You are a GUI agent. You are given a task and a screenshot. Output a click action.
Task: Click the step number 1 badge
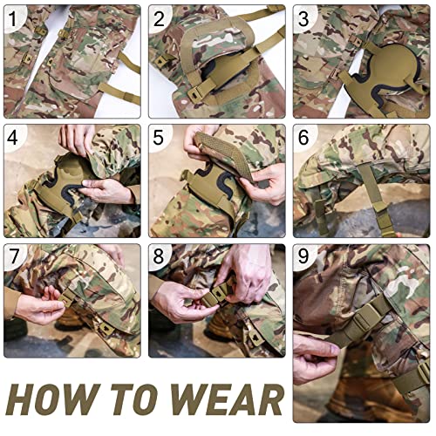pos(15,17)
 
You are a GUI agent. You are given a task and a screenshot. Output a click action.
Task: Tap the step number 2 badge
pos(160,17)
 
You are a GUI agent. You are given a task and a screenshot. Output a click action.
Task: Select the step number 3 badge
pos(303,17)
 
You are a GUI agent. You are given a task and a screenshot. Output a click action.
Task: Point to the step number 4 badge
pos(15,137)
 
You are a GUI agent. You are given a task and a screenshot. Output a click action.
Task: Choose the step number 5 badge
pos(160,137)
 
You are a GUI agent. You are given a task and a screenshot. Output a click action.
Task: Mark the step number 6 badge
pos(303,137)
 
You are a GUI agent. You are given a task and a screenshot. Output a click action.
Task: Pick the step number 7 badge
pos(15,257)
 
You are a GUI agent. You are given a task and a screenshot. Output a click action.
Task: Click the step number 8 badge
pos(160,257)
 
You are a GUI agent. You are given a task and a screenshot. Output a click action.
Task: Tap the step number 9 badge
pos(303,257)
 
